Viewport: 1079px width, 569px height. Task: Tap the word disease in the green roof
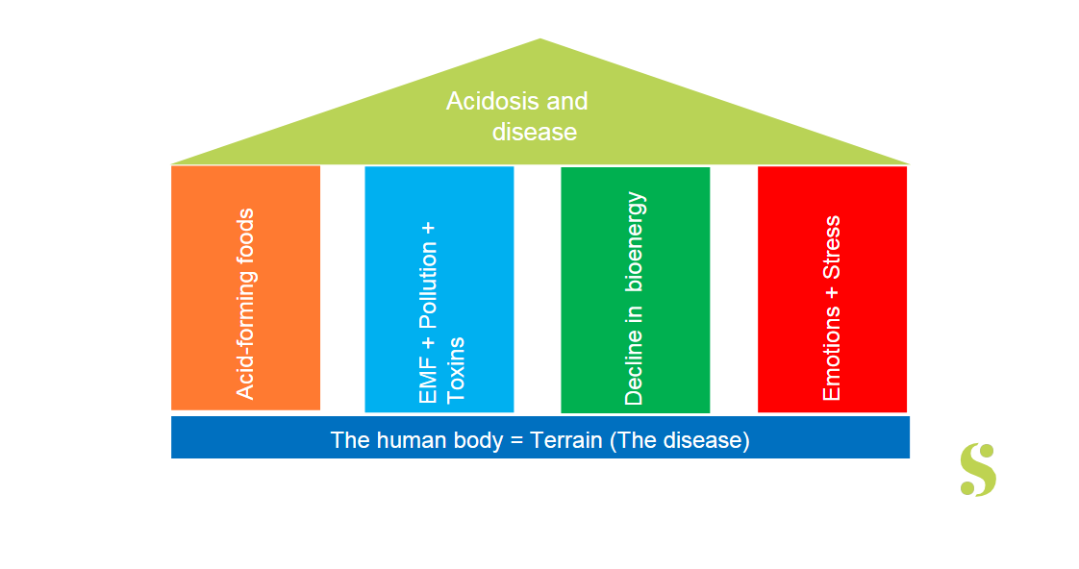tap(535, 132)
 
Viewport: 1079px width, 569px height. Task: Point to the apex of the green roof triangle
tap(540, 40)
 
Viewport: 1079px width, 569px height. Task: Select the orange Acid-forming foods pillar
tap(245, 287)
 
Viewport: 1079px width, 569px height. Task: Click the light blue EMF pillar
tap(439, 288)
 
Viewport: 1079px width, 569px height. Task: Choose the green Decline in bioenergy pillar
tap(635, 289)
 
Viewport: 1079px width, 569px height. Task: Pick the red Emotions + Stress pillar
tap(832, 288)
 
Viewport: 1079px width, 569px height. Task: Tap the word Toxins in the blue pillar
tap(457, 369)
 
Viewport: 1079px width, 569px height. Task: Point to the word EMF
tap(429, 381)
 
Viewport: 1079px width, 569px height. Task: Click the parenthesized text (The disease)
tap(680, 440)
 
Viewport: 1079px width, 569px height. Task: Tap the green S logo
tap(978, 470)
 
